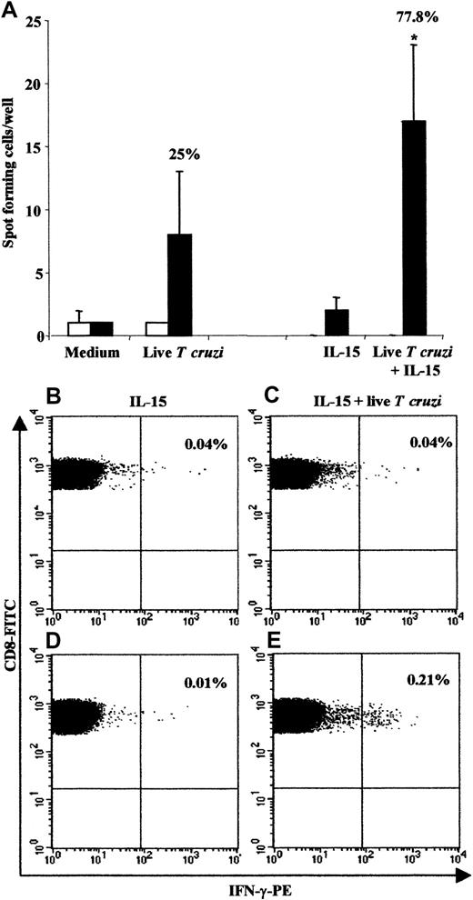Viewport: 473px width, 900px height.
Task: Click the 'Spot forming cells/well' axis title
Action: pos(13,173)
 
